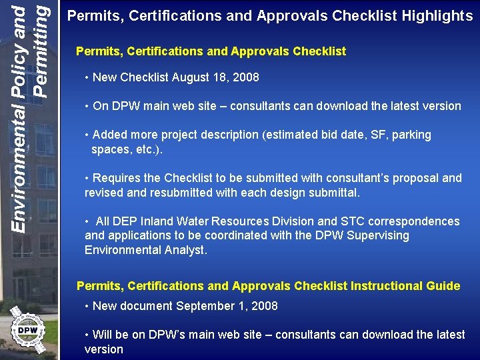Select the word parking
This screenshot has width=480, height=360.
[x=410, y=135]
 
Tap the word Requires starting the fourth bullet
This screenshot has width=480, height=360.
[x=115, y=178]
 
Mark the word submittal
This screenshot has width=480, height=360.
[x=333, y=193]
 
